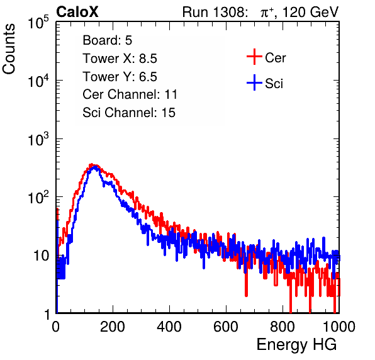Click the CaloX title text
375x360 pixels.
[77, 12]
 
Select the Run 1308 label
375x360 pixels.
[214, 12]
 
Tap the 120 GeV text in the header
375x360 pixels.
[310, 12]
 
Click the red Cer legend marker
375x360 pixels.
[254, 57]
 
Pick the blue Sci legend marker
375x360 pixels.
[254, 83]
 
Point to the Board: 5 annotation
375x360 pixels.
[108, 40]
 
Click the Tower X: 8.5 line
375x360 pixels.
[120, 59]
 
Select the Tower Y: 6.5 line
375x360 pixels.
[120, 77]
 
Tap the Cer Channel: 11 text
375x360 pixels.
[130, 94]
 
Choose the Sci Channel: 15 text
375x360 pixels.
[129, 113]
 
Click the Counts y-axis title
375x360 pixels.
[9, 49]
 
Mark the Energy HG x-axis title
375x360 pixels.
[296, 345]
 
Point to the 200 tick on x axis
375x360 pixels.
[113, 327]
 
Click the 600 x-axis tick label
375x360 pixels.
[226, 327]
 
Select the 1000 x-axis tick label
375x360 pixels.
[339, 327]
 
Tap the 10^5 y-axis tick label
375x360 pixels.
[38, 23]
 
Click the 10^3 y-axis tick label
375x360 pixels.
[38, 139]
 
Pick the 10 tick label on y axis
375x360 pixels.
[41, 256]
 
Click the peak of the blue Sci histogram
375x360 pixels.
[95, 167]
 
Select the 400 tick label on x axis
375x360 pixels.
[169, 327]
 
